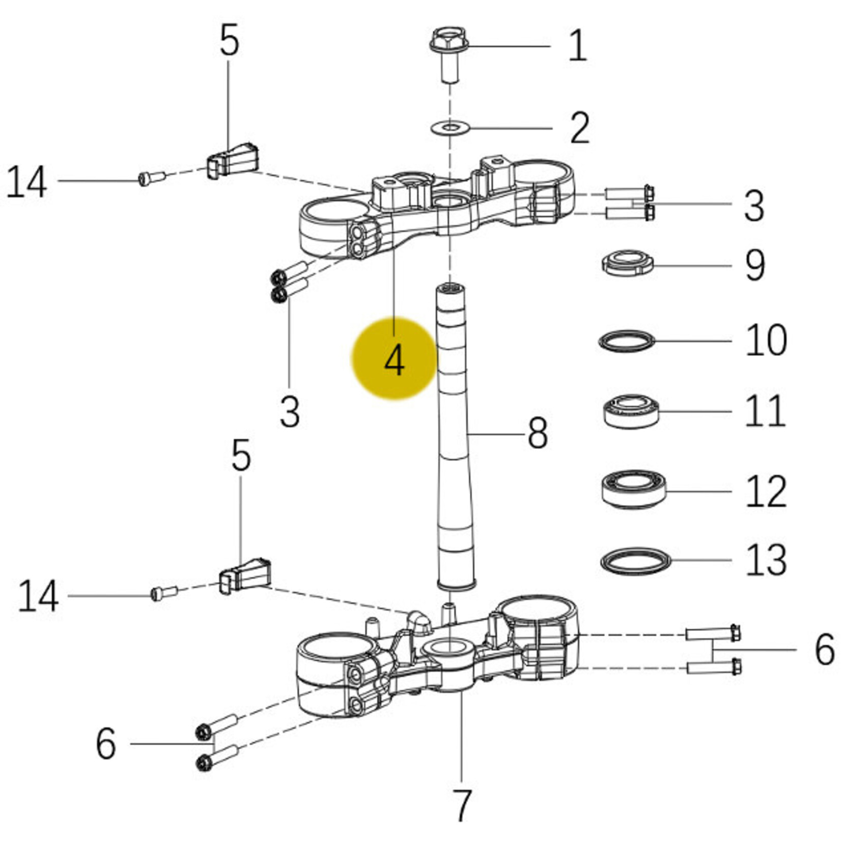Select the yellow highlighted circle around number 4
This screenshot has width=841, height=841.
(x=395, y=358)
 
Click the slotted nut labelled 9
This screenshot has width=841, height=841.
(x=627, y=263)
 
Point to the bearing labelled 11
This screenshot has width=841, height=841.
(x=631, y=411)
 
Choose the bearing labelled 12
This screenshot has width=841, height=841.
(x=633, y=489)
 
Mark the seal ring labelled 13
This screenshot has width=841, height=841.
(x=636, y=561)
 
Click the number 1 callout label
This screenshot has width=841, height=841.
(x=577, y=46)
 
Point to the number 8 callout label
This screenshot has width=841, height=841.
(x=537, y=433)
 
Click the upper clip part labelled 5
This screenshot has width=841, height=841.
(x=234, y=160)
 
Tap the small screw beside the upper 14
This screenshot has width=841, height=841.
(x=152, y=178)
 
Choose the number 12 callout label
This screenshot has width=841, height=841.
(x=766, y=491)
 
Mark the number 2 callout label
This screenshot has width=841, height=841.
(x=580, y=127)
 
